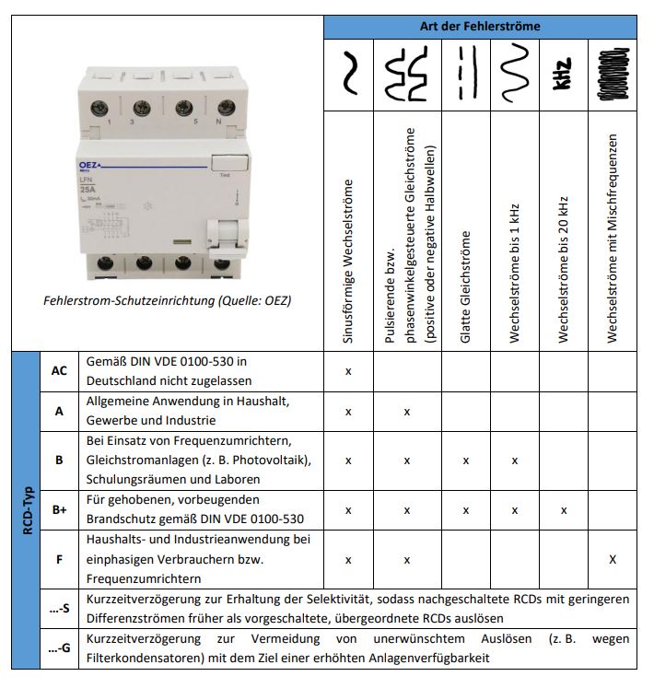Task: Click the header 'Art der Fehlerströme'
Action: pyautogui.click(x=486, y=26)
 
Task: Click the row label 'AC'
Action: pyautogui.click(x=59, y=370)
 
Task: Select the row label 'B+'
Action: pyautogui.click(x=59, y=509)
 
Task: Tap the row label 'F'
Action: pyautogui.click(x=59, y=558)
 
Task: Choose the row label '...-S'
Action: pyautogui.click(x=59, y=608)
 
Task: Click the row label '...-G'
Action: pyautogui.click(x=59, y=648)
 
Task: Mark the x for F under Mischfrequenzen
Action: pyautogui.click(x=613, y=559)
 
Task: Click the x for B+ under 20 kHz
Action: pyautogui.click(x=564, y=509)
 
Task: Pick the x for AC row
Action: pyautogui.click(x=348, y=370)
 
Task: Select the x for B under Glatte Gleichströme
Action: pyautogui.click(x=465, y=460)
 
